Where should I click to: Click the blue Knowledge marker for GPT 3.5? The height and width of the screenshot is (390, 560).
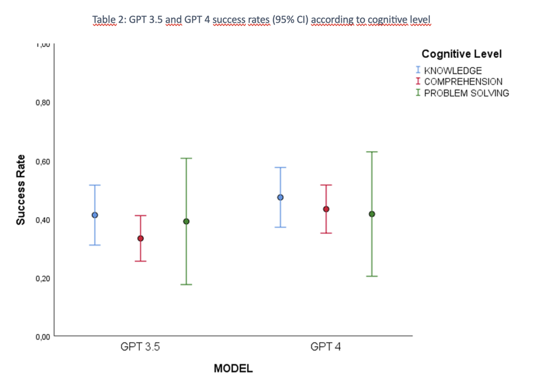95,215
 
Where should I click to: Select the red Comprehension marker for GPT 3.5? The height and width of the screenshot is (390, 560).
140,239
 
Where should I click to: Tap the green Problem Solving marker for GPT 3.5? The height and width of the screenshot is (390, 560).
186,221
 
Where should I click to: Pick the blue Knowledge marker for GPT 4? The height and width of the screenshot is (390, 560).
280,197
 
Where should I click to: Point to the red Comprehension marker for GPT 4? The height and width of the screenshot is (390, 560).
326,209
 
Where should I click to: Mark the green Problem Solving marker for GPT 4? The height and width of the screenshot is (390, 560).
372,214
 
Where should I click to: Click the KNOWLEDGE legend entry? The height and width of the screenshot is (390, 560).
452,71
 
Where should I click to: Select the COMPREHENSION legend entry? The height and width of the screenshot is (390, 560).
462,82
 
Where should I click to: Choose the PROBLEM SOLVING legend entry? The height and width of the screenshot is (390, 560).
466,93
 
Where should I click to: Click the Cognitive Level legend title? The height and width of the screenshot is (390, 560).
461,54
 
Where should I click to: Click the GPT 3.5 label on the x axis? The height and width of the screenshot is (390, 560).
140,347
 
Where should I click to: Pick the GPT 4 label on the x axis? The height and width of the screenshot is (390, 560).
326,347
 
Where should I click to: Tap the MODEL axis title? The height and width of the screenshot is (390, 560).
233,369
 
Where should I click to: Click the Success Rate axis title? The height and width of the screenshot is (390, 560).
21,190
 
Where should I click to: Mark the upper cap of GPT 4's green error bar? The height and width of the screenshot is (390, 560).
372,152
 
